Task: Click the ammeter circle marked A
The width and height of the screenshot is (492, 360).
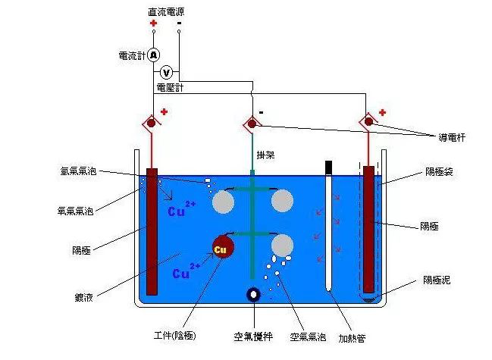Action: point(153,55)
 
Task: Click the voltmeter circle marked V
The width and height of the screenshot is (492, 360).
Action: point(168,72)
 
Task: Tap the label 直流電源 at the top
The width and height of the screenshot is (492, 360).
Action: point(166,11)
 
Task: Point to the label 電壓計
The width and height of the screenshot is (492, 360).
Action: point(170,88)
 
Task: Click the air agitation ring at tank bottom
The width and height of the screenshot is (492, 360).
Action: point(253,295)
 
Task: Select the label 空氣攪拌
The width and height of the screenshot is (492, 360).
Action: point(252,335)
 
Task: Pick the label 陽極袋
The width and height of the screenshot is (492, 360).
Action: point(437,173)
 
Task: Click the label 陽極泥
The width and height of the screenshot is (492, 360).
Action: point(437,280)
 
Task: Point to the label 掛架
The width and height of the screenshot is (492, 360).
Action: point(265,155)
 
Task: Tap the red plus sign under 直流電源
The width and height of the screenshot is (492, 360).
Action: point(153,24)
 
